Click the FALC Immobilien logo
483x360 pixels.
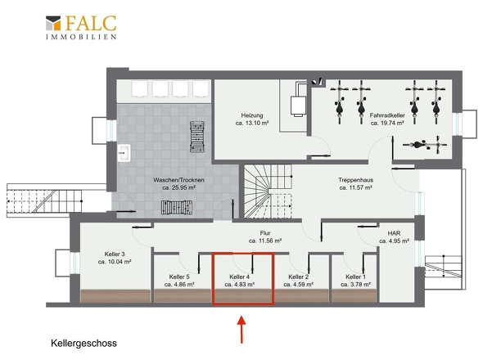81,27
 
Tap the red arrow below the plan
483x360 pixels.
241,329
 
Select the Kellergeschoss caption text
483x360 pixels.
84,343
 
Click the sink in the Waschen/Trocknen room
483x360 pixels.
124,153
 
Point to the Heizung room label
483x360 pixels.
252,115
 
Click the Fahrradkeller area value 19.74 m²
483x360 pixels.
387,124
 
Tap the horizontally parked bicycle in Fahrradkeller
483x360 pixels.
425,145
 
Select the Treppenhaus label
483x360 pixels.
356,180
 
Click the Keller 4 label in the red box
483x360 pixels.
239,277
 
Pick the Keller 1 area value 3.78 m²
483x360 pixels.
356,285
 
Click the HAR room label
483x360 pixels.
394,233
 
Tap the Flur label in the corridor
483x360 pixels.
265,233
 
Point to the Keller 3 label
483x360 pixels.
115,254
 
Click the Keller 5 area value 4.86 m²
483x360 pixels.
179,285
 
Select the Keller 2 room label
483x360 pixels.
298,277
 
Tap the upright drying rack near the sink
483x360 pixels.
197,137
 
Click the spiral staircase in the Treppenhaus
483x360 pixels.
268,191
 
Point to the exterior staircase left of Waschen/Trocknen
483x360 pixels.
45,201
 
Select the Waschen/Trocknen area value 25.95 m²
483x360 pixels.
179,187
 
